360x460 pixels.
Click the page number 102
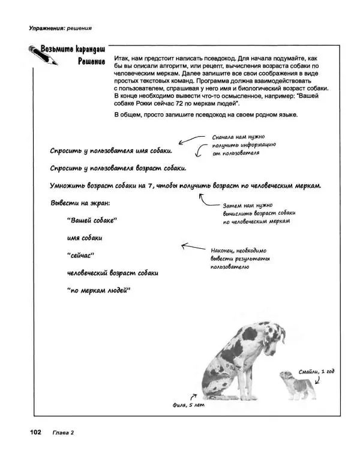(31, 432)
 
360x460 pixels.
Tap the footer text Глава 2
(62, 432)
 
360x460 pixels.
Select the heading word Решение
(91, 61)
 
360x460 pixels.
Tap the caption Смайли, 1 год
(316, 372)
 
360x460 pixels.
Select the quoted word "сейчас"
(79, 255)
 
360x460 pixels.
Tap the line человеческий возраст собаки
(112, 273)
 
